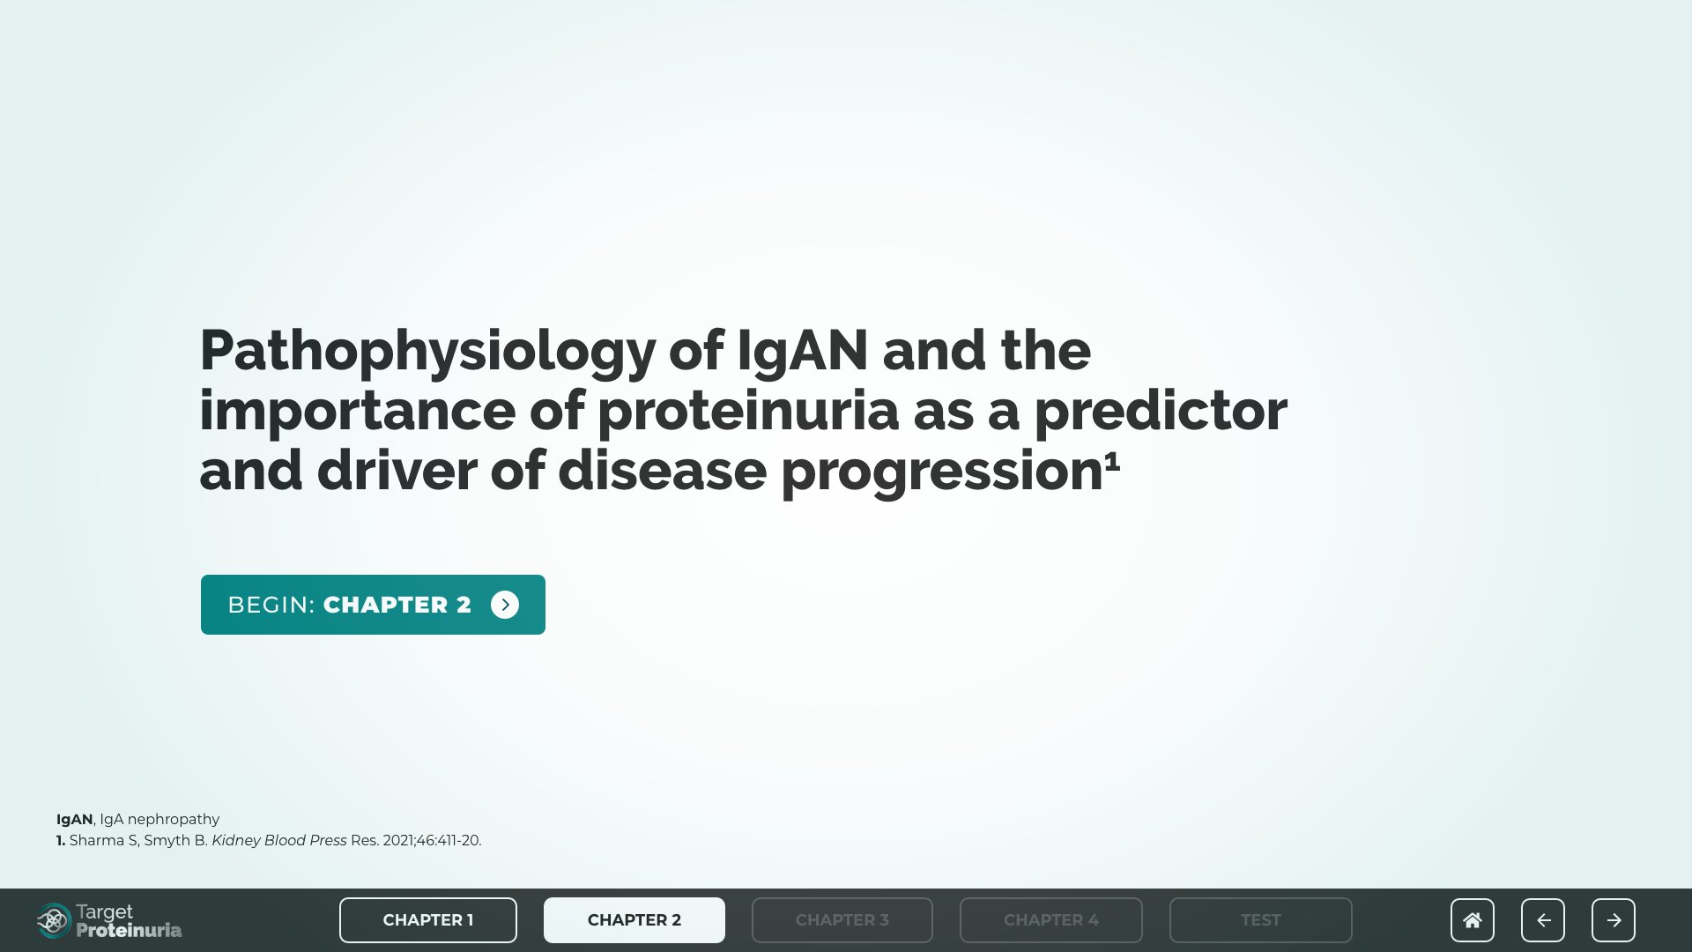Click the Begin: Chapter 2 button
[x=373, y=605]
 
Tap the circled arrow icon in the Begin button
[x=505, y=605]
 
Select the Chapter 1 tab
[x=428, y=920]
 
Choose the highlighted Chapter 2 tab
[x=634, y=920]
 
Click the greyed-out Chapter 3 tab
[x=842, y=920]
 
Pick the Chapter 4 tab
[x=1051, y=920]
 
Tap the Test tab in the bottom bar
[x=1261, y=920]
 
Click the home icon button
[x=1473, y=920]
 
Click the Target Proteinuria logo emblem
[x=54, y=921]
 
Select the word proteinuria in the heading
[x=748, y=411]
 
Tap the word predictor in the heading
[x=1161, y=411]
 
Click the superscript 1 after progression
[x=1112, y=460]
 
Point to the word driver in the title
[x=397, y=471]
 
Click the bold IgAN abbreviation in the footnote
[x=75, y=820]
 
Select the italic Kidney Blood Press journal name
[x=279, y=841]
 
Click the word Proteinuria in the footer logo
[x=129, y=930]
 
